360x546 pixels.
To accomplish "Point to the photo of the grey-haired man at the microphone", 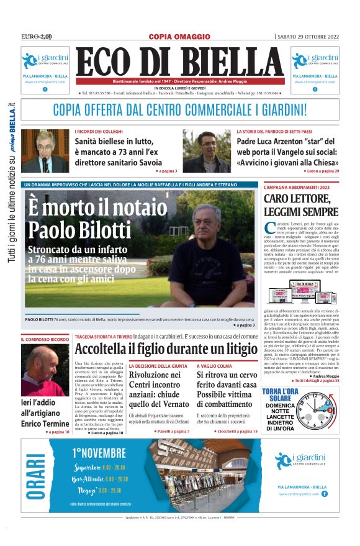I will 45,151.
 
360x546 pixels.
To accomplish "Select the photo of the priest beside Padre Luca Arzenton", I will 206,151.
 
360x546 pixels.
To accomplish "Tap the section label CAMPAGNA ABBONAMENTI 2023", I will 297,187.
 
